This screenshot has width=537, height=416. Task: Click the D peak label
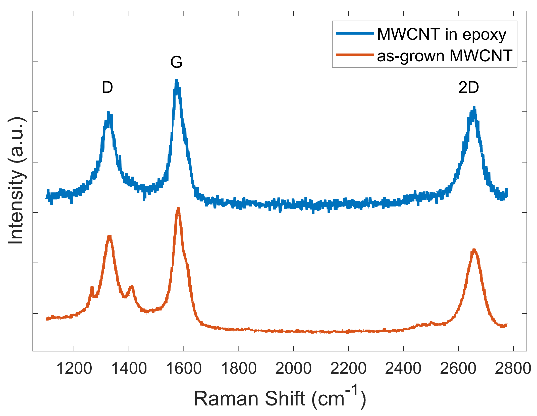click(x=107, y=87)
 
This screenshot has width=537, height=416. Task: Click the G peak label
click(x=176, y=62)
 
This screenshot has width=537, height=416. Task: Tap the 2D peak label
click(x=468, y=87)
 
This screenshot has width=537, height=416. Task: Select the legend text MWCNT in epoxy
click(x=442, y=34)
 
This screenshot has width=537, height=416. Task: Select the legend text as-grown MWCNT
click(x=445, y=56)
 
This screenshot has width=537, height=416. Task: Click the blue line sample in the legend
click(x=355, y=33)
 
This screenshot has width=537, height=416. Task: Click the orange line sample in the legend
click(x=355, y=55)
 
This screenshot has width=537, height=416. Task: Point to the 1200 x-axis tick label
click(x=74, y=369)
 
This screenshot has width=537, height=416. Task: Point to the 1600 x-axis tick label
click(x=184, y=369)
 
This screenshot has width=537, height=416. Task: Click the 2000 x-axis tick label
click(x=293, y=369)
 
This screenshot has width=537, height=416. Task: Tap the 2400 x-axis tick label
click(x=403, y=369)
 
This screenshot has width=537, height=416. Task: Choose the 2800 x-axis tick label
click(x=513, y=369)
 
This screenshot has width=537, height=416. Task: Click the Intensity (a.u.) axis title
click(x=16, y=180)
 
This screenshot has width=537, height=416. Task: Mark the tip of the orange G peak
click(x=178, y=209)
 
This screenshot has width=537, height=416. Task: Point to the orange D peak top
click(x=109, y=236)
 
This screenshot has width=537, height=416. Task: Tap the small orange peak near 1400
click(x=131, y=286)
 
